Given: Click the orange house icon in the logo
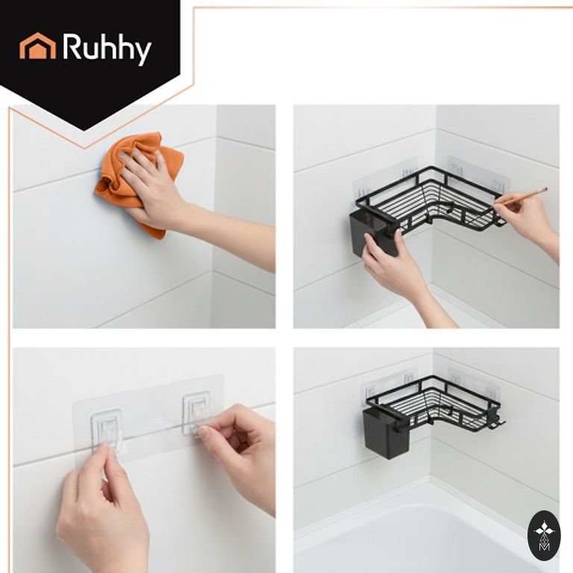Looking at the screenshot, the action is click(x=37, y=46).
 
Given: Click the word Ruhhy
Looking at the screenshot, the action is click(x=107, y=48).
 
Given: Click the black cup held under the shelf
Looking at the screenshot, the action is click(x=372, y=234).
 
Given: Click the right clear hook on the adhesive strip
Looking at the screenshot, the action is click(x=196, y=413).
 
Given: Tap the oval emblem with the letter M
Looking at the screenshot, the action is click(x=544, y=536).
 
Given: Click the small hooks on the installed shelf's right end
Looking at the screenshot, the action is click(x=498, y=420).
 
